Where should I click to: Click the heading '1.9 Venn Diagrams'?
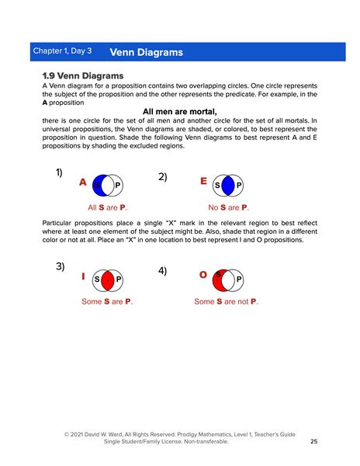(x=82, y=75)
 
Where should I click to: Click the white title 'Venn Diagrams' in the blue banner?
(x=147, y=52)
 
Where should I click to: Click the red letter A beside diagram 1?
(x=82, y=183)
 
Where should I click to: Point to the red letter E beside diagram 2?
(x=203, y=181)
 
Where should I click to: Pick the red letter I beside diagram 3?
(x=83, y=276)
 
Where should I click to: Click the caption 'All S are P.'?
(x=107, y=207)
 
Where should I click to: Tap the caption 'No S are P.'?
(x=228, y=207)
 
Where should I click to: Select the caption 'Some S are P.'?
(x=106, y=301)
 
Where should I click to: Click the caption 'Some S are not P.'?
(x=226, y=301)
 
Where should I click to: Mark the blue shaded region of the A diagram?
(x=99, y=186)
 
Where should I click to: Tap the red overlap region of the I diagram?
(x=108, y=280)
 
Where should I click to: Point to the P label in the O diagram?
(x=239, y=280)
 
